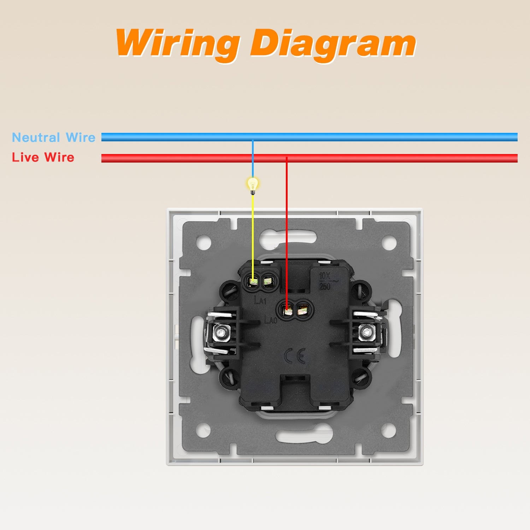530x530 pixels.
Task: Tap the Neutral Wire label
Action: coord(54,137)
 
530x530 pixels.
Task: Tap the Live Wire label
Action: coord(43,157)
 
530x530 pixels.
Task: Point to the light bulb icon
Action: coord(253,185)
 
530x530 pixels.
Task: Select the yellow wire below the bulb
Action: coord(253,233)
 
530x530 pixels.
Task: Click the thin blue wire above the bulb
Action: coord(253,159)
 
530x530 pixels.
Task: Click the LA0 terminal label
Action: coord(271,320)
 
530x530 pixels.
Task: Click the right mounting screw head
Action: coord(366,333)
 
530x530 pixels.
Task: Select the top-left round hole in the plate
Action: coord(204,243)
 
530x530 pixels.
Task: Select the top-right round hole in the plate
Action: coord(389,243)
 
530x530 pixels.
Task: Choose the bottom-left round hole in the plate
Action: coord(204,430)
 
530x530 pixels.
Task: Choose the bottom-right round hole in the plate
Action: coord(389,430)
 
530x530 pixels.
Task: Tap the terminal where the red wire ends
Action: coord(288,311)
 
